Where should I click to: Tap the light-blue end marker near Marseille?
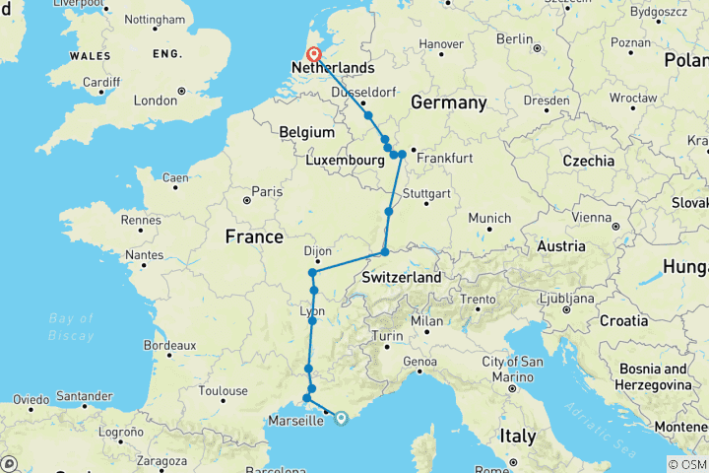(341, 417)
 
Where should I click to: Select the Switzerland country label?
(402, 279)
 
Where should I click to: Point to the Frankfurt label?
(446, 158)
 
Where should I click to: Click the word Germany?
(449, 103)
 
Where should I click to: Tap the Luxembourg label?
(344, 160)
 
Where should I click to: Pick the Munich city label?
(489, 218)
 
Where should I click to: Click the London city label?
(155, 101)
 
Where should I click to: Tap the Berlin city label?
(514, 38)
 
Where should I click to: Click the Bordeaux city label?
(169, 345)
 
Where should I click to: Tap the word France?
(254, 237)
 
